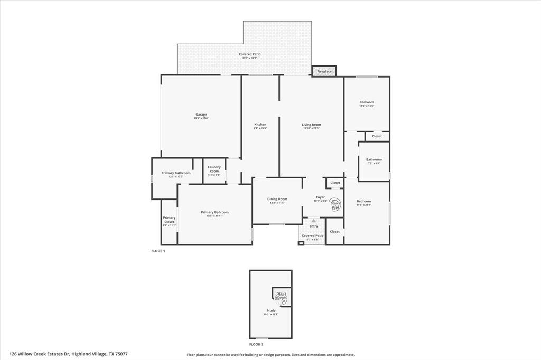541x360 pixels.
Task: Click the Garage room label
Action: (x=201, y=115)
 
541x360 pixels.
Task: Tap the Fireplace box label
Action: (x=324, y=71)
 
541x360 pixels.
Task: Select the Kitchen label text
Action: (x=260, y=125)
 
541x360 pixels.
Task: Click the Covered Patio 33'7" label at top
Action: (x=249, y=55)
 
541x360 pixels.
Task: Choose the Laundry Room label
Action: (x=214, y=169)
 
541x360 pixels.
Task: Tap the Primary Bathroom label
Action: (x=176, y=174)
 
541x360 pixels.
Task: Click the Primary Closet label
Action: (x=169, y=220)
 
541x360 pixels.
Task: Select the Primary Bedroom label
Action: (x=214, y=213)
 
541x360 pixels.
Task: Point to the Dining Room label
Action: (x=277, y=200)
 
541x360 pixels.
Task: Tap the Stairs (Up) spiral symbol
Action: (x=335, y=204)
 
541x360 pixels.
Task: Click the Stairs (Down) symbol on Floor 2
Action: (x=282, y=296)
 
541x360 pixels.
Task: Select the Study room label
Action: (x=271, y=311)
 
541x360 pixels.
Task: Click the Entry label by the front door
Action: (x=314, y=226)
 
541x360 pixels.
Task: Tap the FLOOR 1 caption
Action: (x=158, y=251)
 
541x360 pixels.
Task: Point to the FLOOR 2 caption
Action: (x=256, y=344)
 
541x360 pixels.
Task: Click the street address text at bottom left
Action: (x=69, y=354)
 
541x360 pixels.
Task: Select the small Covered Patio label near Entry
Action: (x=313, y=236)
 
